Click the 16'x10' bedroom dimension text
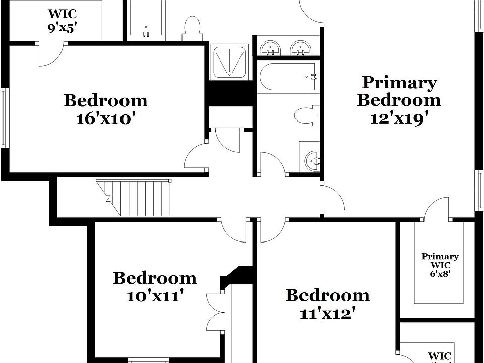tap(105, 119)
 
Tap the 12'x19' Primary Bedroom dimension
tap(399, 118)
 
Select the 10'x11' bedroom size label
tap(154, 296)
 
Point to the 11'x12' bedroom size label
tap(328, 313)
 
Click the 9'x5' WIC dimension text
tap(62, 28)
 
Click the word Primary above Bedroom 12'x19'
tap(399, 82)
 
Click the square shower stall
tap(229, 62)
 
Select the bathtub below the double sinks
tap(288, 77)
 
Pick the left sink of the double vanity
tap(271, 48)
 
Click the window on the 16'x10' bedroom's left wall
tap(5, 118)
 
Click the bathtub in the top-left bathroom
tap(146, 19)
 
